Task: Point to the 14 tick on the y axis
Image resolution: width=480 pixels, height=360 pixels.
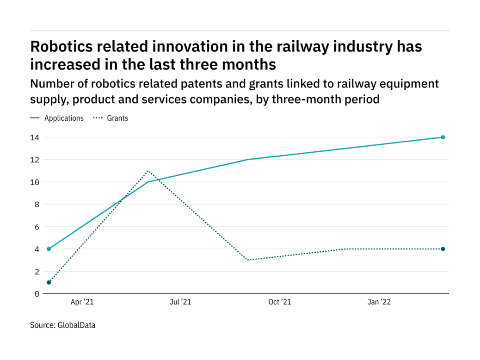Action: pos(35,137)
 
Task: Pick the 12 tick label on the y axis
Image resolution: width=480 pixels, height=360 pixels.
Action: pos(35,160)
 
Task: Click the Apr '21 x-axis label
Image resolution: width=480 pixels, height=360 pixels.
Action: pos(82,302)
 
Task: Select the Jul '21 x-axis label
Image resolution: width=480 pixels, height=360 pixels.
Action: pos(180,302)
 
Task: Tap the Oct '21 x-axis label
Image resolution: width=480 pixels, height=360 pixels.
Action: pos(280,302)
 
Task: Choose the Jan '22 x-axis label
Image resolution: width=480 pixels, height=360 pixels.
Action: pos(379,302)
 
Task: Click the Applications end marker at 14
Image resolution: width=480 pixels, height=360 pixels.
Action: pos(443,137)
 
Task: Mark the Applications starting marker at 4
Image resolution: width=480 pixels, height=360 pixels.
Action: pos(49,249)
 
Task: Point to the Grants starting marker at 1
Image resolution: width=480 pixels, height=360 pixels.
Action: pos(49,282)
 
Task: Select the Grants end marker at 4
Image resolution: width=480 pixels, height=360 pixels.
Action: pos(443,249)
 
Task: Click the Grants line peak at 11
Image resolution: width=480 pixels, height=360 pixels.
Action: pos(148,171)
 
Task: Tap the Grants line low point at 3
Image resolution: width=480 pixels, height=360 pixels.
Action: pos(248,260)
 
